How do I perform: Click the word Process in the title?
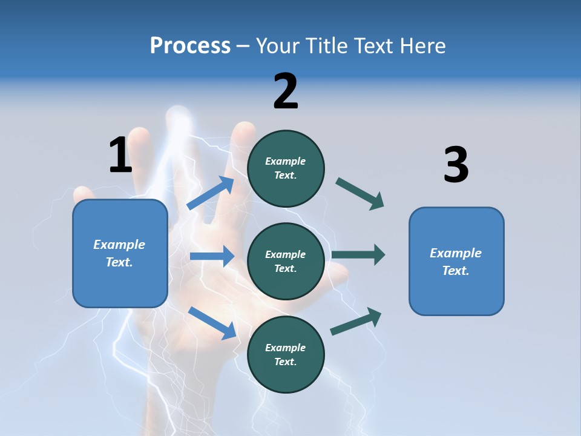click(x=190, y=46)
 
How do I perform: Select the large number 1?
click(x=120, y=155)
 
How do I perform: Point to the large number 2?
click(x=286, y=91)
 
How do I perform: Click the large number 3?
click(x=456, y=165)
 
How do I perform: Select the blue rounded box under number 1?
click(x=120, y=253)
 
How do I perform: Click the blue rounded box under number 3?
click(x=456, y=261)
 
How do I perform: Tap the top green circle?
click(x=286, y=168)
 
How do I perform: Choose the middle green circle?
click(x=286, y=261)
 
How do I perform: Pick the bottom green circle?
click(x=286, y=354)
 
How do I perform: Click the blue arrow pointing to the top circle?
click(x=211, y=193)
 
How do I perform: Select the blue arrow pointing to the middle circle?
click(x=212, y=256)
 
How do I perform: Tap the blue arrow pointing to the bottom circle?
click(x=212, y=323)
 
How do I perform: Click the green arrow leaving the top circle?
click(x=360, y=193)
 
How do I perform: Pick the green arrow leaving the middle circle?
click(x=358, y=254)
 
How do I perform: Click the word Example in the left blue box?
click(x=119, y=245)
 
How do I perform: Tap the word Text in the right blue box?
click(x=455, y=271)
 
